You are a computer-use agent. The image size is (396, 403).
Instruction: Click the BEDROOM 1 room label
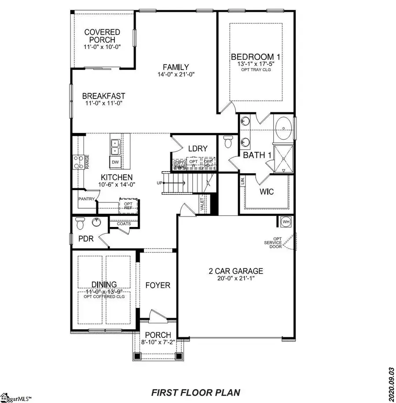(x=256, y=57)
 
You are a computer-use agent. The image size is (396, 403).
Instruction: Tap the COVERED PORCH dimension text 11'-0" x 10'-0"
(x=102, y=47)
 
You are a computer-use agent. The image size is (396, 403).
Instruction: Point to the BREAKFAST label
(x=104, y=96)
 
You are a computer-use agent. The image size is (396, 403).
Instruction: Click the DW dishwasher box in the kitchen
(x=115, y=162)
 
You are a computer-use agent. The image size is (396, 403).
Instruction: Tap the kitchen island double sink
(x=115, y=147)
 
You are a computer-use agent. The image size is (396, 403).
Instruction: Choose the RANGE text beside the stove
(x=88, y=161)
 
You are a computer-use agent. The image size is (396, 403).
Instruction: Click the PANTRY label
(x=87, y=199)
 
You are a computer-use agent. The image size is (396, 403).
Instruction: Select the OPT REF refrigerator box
(x=128, y=206)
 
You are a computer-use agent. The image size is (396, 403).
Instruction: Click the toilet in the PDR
(x=80, y=224)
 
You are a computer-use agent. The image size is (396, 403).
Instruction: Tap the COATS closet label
(x=124, y=224)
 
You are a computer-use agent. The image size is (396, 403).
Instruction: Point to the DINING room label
(x=104, y=285)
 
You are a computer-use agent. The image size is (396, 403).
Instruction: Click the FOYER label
(x=158, y=286)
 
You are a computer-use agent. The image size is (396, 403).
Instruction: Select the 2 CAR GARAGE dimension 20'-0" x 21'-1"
(x=236, y=278)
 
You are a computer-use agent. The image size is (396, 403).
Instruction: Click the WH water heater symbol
(x=286, y=221)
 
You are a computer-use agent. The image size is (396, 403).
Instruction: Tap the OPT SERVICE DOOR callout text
(x=273, y=242)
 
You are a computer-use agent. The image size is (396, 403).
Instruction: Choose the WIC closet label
(x=267, y=192)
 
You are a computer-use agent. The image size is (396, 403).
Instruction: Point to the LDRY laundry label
(x=198, y=149)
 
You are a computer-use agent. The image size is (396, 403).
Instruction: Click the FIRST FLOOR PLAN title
(x=196, y=392)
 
